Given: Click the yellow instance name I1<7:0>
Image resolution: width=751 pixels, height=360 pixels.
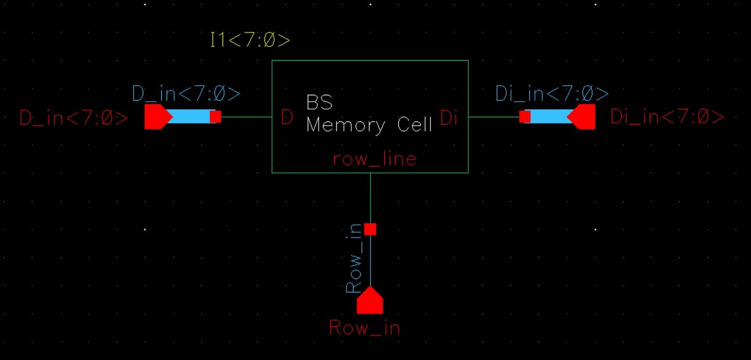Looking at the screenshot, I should pos(250,40).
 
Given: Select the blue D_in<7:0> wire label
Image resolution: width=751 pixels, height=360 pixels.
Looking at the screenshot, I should pos(186,94).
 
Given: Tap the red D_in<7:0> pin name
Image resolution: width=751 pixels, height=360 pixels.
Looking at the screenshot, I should pos(74,118).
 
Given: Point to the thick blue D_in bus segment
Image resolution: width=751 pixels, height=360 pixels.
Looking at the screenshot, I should pos(191,117).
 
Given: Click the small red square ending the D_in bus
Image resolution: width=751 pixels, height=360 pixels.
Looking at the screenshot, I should pos(215,117).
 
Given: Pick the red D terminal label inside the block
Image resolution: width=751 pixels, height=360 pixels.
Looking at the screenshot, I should pos(287,118).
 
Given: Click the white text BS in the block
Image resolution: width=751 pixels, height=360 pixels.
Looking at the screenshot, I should pos(319,103).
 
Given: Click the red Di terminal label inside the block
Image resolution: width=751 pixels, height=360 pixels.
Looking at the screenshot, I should pos(449,118).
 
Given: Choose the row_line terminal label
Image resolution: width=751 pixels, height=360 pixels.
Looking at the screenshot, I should pos(375,159).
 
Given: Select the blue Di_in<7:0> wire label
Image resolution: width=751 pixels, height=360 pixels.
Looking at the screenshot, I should pos(552,94).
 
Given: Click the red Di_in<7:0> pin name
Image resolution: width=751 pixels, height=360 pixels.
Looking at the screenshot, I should pos(667,117).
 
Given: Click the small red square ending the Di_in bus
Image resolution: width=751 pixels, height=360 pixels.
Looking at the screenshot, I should pos(525,117).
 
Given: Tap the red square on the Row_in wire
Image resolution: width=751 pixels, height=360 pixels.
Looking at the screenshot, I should pos(370,229).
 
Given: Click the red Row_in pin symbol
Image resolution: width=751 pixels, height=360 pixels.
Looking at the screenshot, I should pos(370,301).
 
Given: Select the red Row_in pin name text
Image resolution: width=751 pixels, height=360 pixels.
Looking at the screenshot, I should pos(364,328).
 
